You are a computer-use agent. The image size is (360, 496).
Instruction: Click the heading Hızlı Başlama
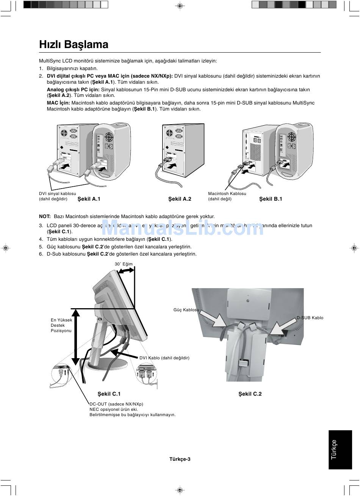74,45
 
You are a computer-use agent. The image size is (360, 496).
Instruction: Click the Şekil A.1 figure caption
89,199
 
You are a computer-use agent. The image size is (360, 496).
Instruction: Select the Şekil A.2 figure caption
180,199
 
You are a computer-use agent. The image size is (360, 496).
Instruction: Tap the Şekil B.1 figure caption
271,199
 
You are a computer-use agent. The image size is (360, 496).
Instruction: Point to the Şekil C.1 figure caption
109,394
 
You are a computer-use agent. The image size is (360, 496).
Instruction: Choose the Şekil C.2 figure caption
250,394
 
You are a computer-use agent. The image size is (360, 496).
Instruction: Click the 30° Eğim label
124,264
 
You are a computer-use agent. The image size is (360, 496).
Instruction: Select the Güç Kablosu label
186,310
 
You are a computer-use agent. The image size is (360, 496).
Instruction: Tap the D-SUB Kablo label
310,318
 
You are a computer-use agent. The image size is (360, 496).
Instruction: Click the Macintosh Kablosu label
227,193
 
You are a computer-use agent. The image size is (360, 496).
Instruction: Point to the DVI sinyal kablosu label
57,193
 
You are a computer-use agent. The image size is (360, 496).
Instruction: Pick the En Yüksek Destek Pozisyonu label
61,325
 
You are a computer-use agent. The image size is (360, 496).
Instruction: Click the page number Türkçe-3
180,459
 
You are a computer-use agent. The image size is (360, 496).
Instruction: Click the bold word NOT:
45,217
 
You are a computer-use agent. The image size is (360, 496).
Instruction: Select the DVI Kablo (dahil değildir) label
164,358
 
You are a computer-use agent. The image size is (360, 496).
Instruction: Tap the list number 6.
41,254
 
